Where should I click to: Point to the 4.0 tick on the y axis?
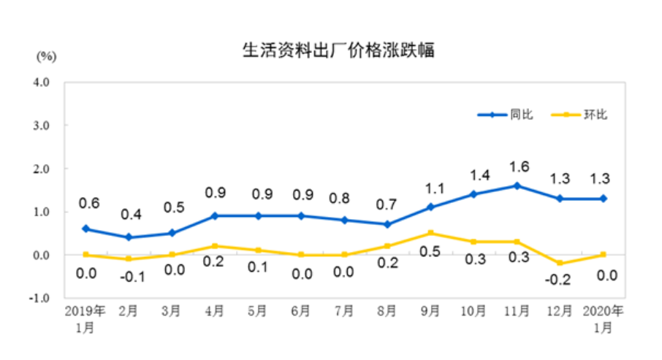coord(40,83)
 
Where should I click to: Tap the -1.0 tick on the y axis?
coord(39,299)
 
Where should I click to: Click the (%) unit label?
coord(45,55)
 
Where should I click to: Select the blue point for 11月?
coord(517,185)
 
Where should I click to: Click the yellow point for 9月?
coord(430,233)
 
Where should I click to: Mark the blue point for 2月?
coord(129,237)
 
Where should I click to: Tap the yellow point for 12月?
coord(560,263)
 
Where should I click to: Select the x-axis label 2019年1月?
coord(85,318)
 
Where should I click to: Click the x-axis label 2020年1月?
coord(603,318)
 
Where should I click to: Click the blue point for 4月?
coord(215,216)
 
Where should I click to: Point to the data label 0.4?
coord(130,214)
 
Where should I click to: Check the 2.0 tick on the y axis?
coord(40,169)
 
